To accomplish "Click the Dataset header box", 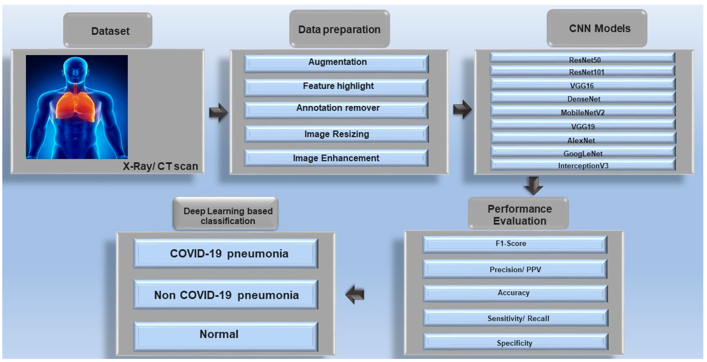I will [x=108, y=30].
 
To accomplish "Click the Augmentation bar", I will [x=336, y=63].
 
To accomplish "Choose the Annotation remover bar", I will [x=336, y=109].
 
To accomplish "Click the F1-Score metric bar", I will [x=515, y=244].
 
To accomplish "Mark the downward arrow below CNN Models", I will [x=533, y=186].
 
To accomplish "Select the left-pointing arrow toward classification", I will [x=355, y=295].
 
